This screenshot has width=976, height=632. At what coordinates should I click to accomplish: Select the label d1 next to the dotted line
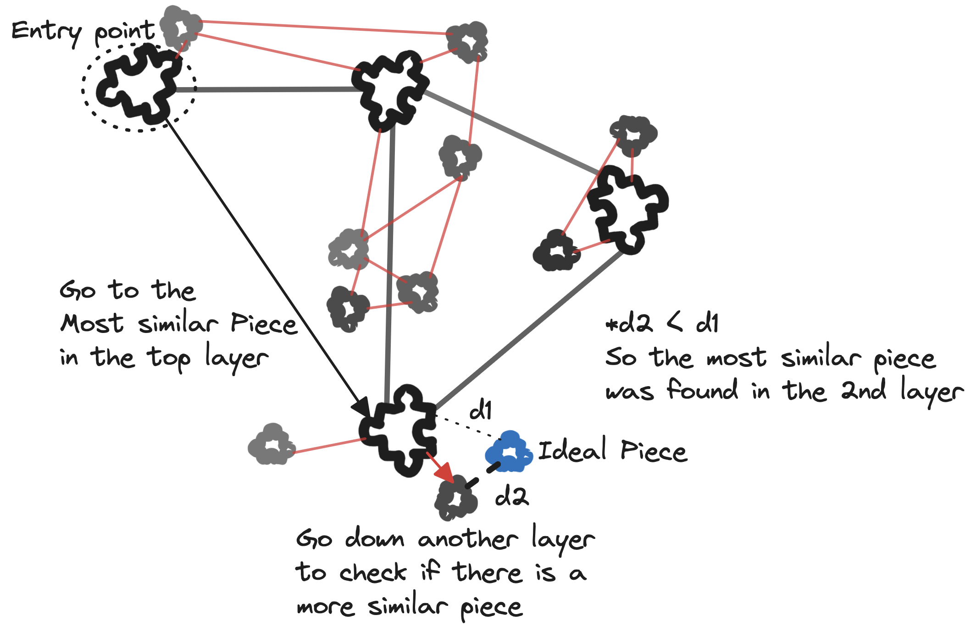(x=481, y=410)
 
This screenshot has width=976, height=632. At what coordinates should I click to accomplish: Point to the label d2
(x=512, y=496)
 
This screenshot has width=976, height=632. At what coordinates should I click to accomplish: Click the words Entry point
(x=83, y=32)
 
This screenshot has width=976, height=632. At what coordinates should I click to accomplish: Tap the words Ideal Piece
(x=612, y=451)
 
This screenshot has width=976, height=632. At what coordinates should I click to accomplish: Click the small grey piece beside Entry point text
(x=181, y=27)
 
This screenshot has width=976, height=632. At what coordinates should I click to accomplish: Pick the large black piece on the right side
(x=627, y=209)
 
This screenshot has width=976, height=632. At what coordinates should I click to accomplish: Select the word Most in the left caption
(x=92, y=324)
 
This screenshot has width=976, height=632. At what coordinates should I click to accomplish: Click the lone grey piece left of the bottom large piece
(x=271, y=445)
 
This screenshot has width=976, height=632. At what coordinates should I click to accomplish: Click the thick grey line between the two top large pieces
(x=266, y=89)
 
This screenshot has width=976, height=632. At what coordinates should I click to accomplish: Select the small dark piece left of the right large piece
(x=556, y=251)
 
